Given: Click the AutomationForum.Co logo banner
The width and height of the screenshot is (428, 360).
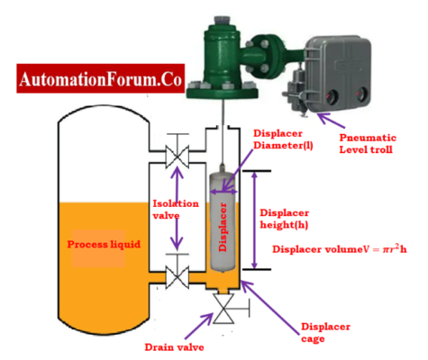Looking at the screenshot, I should point(95,79).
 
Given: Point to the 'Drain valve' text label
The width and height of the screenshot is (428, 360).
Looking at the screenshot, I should point(176,346).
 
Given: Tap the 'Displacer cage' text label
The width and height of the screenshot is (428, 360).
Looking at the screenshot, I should point(324,333).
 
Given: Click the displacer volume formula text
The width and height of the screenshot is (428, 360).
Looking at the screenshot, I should point(344,248).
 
